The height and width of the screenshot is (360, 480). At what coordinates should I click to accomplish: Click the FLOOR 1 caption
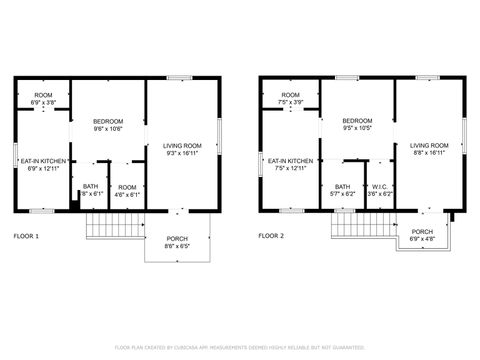tap(26, 236)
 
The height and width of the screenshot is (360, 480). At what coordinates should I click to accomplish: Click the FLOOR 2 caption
tap(271, 236)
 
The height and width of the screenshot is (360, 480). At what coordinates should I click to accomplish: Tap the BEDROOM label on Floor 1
tap(107, 120)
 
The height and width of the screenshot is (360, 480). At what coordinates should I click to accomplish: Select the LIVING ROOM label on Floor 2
tap(428, 146)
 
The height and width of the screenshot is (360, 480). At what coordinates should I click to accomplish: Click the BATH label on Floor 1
tap(91, 186)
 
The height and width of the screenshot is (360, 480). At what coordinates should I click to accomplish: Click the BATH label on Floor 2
tap(342, 186)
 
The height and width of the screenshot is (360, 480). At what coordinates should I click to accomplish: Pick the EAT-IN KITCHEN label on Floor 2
tap(289, 160)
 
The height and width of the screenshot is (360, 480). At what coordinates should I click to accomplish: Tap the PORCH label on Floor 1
tap(176, 238)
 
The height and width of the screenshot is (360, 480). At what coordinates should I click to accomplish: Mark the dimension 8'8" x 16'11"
tap(428, 153)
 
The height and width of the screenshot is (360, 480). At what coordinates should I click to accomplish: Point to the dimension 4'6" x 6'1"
tap(127, 194)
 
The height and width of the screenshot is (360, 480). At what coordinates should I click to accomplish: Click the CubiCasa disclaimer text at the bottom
tap(240, 347)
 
